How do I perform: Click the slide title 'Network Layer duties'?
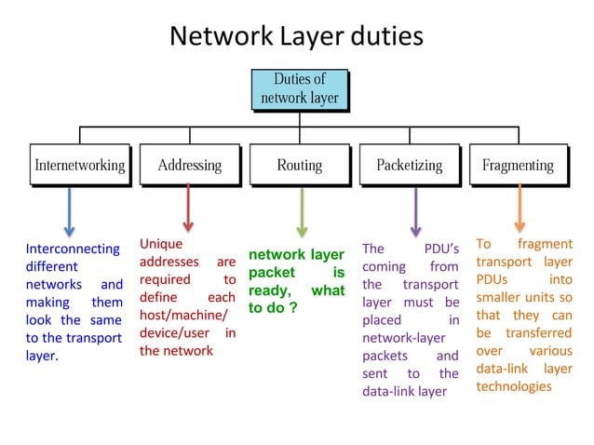click(296, 36)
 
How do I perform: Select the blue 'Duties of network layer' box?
click(299, 88)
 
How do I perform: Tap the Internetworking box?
click(79, 166)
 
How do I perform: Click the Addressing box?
click(189, 166)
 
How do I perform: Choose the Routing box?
click(299, 166)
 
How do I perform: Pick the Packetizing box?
click(409, 166)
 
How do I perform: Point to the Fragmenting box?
click(518, 166)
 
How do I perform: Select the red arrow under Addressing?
click(188, 207)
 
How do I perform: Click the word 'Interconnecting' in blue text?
click(72, 249)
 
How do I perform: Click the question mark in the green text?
click(293, 307)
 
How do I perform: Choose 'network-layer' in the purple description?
click(403, 337)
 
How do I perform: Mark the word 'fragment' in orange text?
click(550, 244)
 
